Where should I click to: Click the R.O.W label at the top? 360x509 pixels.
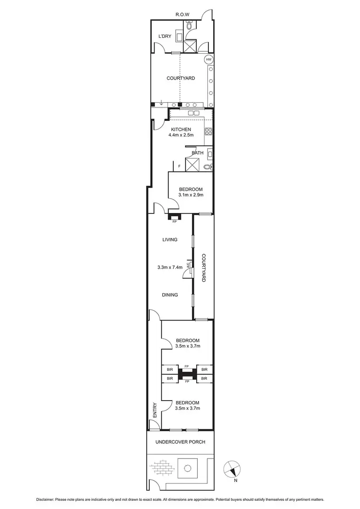point(182,15)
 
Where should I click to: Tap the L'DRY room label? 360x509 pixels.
point(165,36)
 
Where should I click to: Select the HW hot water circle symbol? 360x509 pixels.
point(209,59)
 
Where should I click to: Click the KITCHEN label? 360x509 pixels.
point(180,130)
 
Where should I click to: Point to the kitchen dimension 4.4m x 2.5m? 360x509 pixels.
point(180,135)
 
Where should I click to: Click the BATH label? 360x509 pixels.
point(198,153)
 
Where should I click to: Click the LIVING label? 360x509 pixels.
point(170,240)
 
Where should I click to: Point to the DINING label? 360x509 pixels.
point(170,295)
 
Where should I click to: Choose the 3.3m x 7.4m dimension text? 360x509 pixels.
point(170,268)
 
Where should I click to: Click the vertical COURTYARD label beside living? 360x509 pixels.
point(204,268)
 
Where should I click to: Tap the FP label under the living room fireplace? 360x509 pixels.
point(175,222)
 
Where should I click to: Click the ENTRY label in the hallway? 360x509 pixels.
point(155,409)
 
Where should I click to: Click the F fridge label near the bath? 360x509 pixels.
point(179,166)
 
